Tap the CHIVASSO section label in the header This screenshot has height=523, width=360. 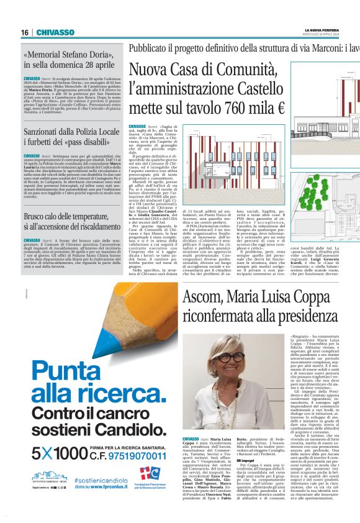pyautogui.click(x=55, y=33)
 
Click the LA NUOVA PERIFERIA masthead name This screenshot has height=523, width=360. pyautogui.click(x=323, y=30)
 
